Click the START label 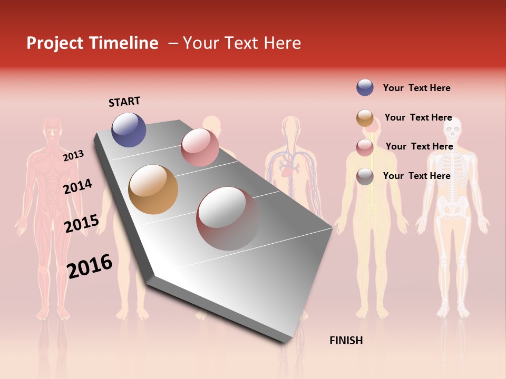coord(124,102)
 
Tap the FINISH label coord(346,341)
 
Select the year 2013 coord(73,156)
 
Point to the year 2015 coord(81,224)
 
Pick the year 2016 coord(90,266)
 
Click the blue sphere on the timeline coord(129,129)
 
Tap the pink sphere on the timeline coord(200,147)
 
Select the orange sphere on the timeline coord(153,189)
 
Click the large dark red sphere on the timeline coord(228,218)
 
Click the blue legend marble coord(365,87)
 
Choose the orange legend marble coord(365,118)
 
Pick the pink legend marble coord(365,147)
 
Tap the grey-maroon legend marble coord(365,176)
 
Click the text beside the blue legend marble coord(416,88)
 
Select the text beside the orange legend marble coord(418,117)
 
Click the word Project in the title coord(55,43)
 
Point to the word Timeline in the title coord(124,43)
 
